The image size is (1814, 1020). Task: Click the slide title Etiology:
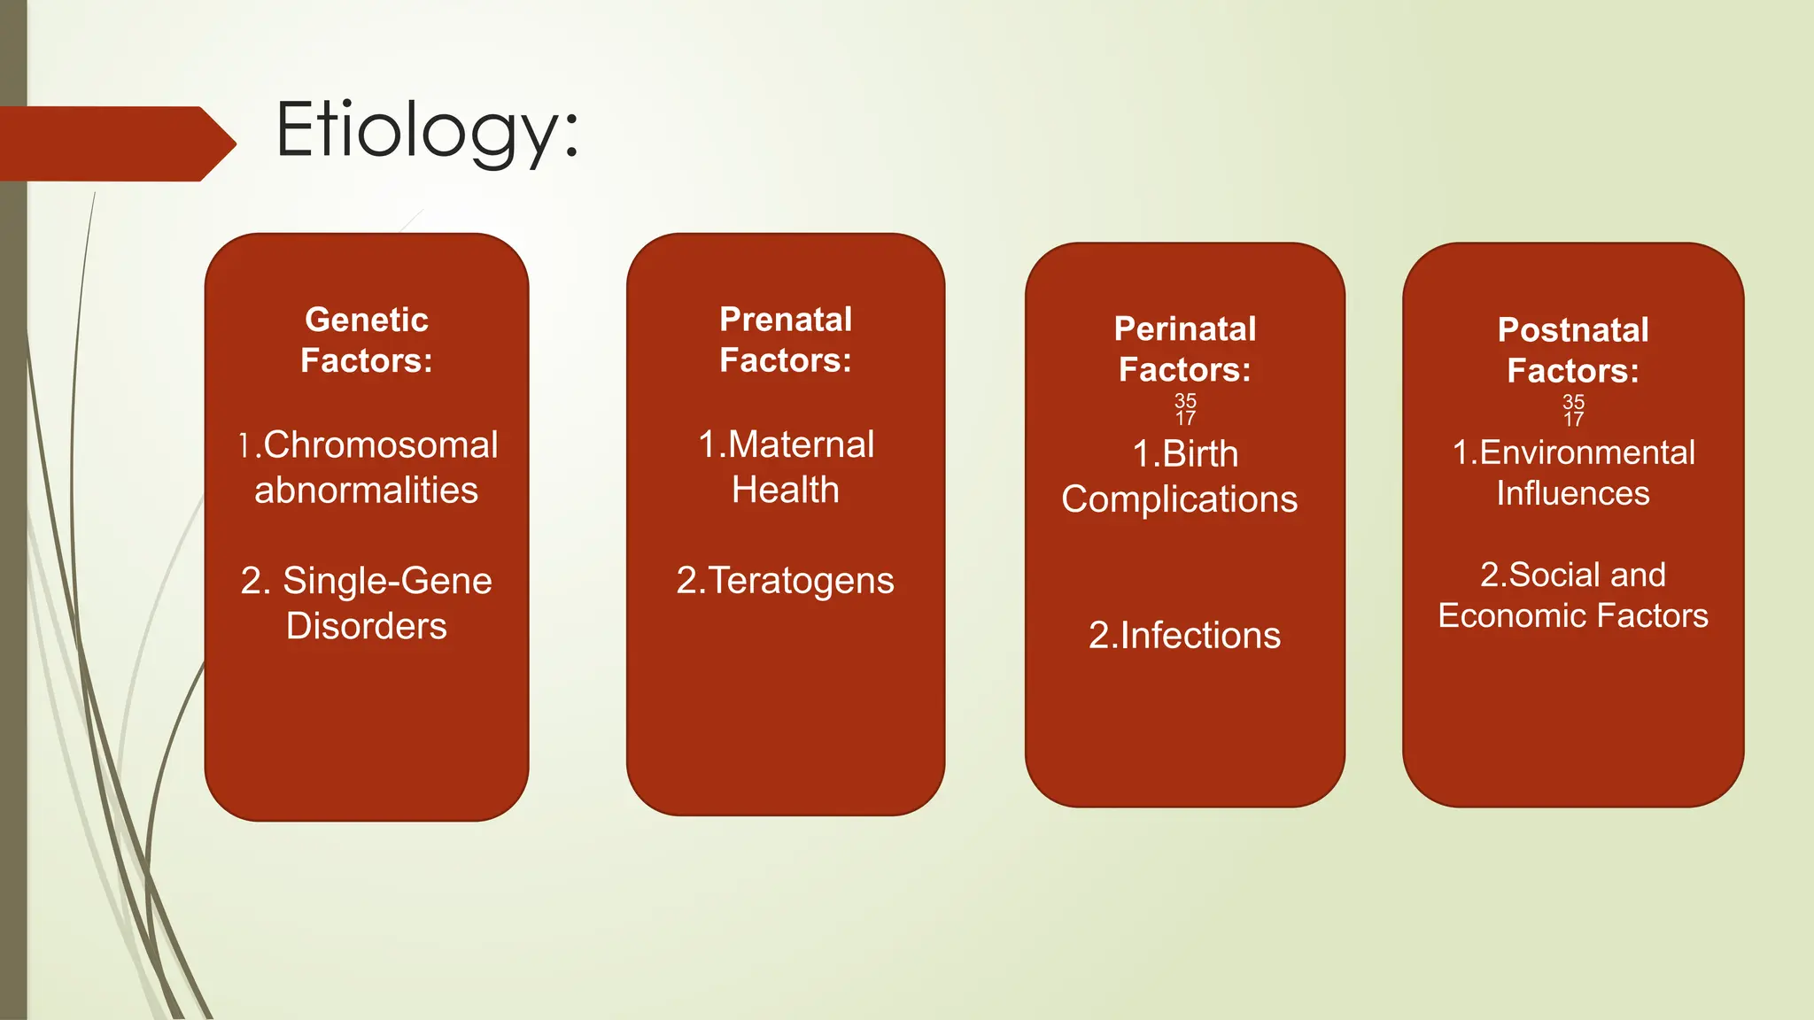point(427,131)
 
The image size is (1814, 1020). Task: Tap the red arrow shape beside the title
point(115,143)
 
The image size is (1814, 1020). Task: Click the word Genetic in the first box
point(366,320)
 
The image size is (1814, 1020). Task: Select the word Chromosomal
point(380,444)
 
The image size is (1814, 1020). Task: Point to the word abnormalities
point(366,491)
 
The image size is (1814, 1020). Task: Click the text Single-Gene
point(387,581)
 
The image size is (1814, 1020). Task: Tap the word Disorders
point(366,626)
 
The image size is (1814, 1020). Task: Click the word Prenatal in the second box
point(785,320)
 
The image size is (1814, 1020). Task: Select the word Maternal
point(801,444)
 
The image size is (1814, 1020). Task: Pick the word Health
point(785,490)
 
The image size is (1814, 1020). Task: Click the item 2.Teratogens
point(785,581)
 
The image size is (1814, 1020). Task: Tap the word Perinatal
point(1184,329)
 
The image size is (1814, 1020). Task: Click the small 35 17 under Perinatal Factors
point(1185,409)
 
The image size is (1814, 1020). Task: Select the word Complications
point(1179,499)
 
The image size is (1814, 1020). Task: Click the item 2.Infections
point(1184,636)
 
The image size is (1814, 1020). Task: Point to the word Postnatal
point(1572,330)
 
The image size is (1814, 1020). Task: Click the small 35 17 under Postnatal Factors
point(1573,410)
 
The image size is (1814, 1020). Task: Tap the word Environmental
point(1586,452)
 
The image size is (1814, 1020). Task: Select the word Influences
point(1572,493)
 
